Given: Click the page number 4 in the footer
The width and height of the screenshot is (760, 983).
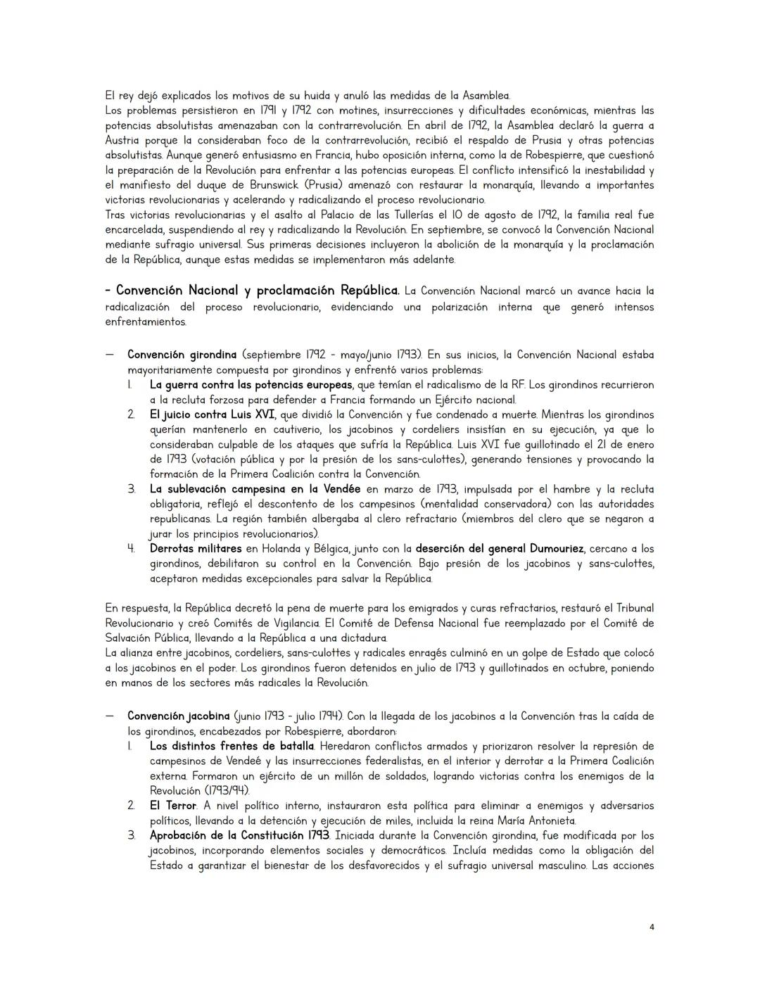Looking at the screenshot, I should coord(652,927).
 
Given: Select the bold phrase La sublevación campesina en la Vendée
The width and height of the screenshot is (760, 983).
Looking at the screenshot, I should coord(255,489).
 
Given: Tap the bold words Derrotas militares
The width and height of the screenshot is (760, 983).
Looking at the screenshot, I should coord(195,549).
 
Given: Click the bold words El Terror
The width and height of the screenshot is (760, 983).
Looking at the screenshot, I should coord(172,806).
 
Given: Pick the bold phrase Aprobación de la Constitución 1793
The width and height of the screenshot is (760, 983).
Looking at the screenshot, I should coord(239,836).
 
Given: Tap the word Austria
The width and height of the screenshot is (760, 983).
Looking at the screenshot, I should coord(125,140).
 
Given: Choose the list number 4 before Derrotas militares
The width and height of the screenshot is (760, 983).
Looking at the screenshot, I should coord(131,549).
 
